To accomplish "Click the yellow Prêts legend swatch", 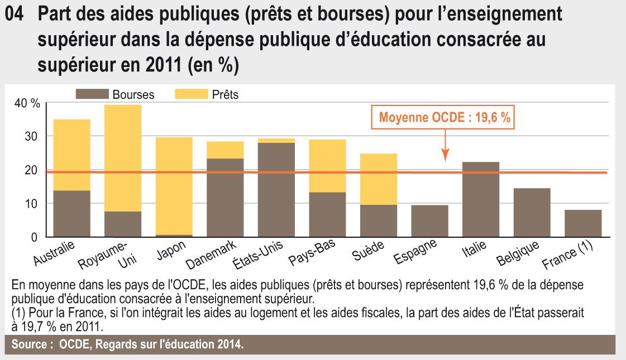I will (191, 94).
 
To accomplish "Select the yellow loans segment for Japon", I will (174, 186).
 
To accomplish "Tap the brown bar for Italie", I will (481, 199).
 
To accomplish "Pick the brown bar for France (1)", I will (583, 223).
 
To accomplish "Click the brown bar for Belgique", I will (532, 213).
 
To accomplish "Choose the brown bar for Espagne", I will (429, 221).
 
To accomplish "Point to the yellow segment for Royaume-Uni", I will (123, 158).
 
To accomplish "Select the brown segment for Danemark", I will (225, 198).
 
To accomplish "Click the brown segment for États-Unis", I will (276, 190).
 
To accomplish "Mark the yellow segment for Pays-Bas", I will (327, 166).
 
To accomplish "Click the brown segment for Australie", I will (71, 214).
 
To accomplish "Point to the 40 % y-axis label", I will (27, 103).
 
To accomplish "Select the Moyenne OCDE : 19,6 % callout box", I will (445, 118).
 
